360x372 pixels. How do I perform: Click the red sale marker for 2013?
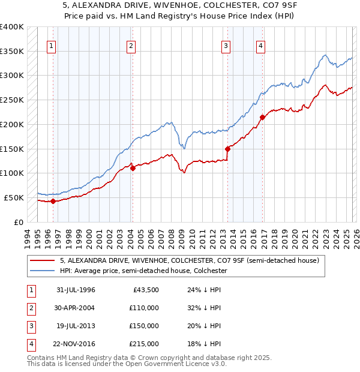[x=227, y=149]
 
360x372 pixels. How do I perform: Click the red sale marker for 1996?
[x=53, y=201]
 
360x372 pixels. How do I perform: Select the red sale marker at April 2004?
[x=133, y=169]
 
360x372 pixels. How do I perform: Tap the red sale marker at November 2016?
[x=262, y=117]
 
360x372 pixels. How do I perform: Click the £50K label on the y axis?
[x=14, y=197]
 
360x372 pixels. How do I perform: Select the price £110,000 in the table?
[x=144, y=308]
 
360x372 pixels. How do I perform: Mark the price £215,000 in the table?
[x=144, y=344]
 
